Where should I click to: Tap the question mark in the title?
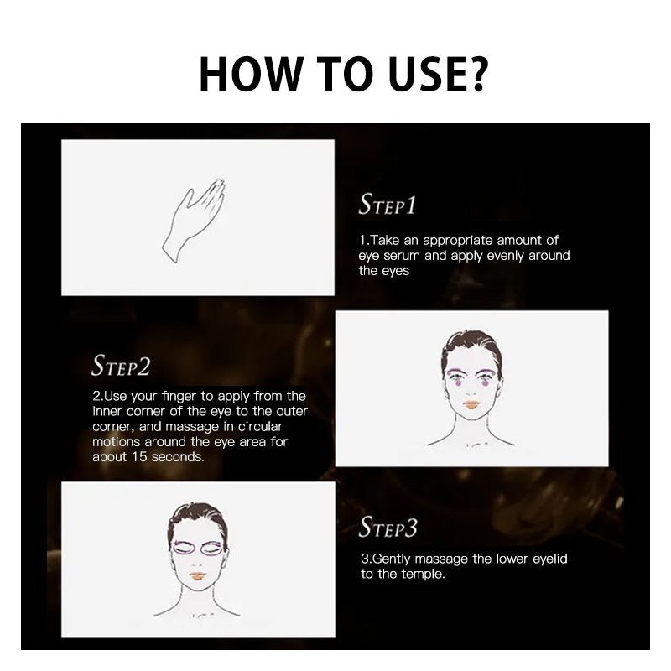coord(476,75)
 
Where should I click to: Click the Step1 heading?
coord(387,204)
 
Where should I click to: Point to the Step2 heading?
coord(121,366)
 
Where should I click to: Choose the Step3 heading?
coord(388,527)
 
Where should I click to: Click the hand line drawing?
coord(194,220)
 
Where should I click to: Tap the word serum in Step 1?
coord(402,256)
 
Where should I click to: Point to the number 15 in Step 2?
coord(139,456)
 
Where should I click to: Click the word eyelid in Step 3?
coord(550,559)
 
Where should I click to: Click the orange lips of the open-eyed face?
coord(471,404)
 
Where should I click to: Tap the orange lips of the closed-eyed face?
coord(197,575)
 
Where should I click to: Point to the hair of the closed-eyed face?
coord(197,519)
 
